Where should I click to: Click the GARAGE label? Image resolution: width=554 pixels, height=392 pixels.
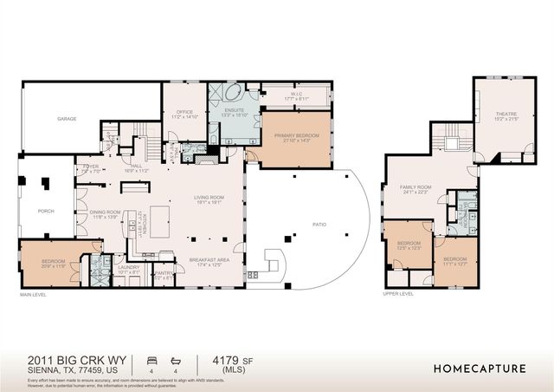tap(68, 118)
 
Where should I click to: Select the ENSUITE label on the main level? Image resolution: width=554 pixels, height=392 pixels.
tap(235, 112)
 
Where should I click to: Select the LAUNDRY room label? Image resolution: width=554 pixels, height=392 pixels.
tap(129, 268)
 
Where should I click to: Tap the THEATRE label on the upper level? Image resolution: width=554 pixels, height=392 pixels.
tap(506, 115)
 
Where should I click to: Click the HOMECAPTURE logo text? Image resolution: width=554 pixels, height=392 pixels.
tap(479, 368)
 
